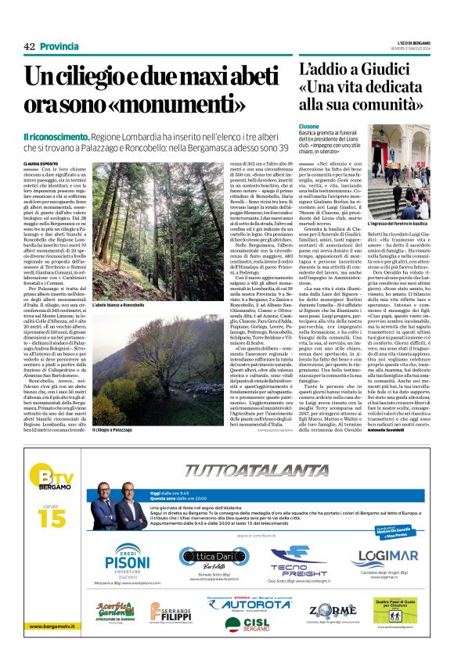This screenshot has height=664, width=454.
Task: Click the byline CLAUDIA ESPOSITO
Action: click(x=40, y=163)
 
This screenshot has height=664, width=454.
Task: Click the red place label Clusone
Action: click(x=309, y=126)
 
